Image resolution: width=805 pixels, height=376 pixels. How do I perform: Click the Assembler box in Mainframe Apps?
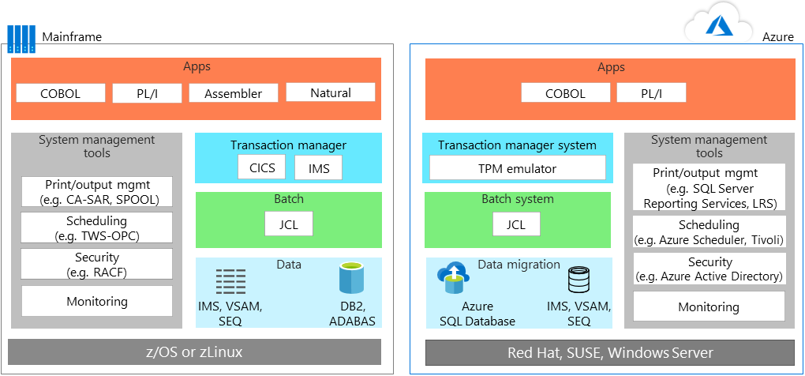(234, 93)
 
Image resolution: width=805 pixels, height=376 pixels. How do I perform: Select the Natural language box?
(330, 92)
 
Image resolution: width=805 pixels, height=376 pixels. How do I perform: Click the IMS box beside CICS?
(319, 167)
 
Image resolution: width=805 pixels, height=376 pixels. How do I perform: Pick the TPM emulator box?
(517, 168)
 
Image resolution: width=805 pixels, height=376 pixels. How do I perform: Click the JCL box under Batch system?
(515, 224)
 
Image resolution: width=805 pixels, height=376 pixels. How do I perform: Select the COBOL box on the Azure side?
(564, 93)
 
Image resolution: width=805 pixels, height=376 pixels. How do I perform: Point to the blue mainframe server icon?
(21, 39)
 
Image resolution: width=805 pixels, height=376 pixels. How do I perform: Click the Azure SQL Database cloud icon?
(453, 276)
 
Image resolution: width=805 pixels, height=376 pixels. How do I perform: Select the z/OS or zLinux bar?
(195, 352)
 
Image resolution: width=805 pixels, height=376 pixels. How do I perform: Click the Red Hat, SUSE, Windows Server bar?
(609, 352)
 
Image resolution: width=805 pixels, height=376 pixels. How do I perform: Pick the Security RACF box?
(96, 265)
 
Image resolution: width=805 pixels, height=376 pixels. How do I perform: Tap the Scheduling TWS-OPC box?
(96, 228)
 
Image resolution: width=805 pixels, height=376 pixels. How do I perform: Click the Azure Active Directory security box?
(709, 269)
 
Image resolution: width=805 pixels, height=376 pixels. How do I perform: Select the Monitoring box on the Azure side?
(709, 306)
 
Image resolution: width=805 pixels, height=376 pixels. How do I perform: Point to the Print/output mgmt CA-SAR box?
(96, 192)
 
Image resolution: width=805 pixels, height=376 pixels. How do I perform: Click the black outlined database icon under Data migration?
(578, 280)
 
